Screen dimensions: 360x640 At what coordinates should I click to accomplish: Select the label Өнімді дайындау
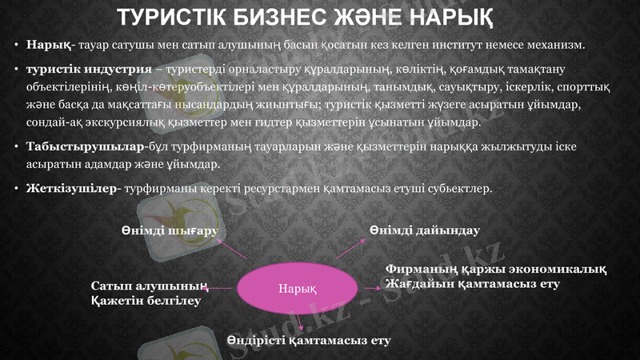[x=424, y=230]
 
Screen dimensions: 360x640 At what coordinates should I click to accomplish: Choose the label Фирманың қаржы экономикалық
[x=495, y=270]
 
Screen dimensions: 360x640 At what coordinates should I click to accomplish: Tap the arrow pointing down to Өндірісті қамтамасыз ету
[x=299, y=322]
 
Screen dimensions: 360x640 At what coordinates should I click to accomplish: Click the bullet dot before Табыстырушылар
[x=17, y=147]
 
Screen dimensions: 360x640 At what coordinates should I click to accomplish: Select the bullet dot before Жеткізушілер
[x=17, y=189]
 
